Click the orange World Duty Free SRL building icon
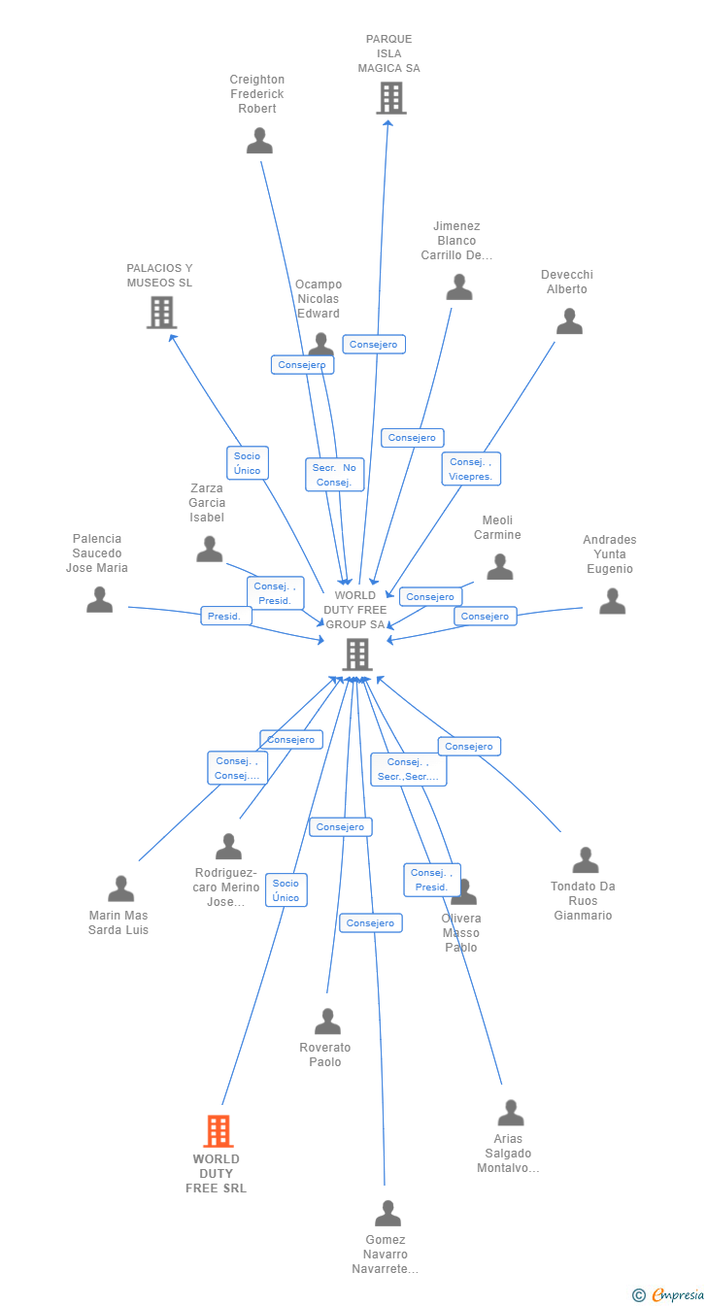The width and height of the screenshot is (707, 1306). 219,1130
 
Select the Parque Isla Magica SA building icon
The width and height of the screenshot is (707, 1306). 390,97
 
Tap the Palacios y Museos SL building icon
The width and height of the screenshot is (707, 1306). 161,313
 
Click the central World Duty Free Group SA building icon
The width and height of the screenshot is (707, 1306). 357,654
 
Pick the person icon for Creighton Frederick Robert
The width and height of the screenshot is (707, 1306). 259,141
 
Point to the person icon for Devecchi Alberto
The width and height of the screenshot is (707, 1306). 569,321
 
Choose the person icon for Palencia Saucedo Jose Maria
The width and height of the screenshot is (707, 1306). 100,599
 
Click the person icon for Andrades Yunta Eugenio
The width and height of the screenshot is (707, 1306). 613,601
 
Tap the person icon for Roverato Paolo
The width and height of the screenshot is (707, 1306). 327,1021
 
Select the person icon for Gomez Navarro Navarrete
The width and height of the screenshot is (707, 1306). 387,1213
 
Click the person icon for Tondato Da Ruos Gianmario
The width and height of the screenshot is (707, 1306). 586,860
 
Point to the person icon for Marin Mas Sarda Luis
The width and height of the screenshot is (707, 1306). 121,888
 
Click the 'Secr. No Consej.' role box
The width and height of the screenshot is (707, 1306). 335,475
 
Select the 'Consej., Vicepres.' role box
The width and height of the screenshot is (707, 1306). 471,469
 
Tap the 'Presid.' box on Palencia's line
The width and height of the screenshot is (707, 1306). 226,617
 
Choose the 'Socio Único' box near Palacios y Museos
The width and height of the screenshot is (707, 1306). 248,463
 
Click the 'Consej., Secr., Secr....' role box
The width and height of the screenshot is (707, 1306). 408,769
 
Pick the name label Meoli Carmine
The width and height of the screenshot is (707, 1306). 497,527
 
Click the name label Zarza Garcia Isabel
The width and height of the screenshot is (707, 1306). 207,503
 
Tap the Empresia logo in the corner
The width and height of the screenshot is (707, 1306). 668,1295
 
